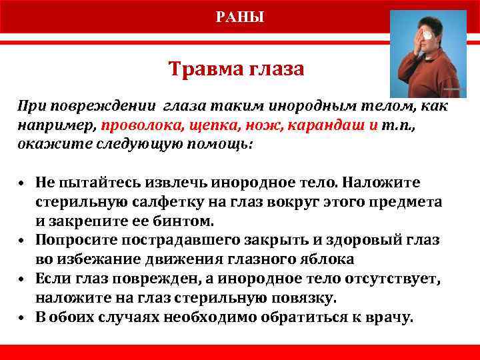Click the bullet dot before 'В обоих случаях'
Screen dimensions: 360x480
click(23, 317)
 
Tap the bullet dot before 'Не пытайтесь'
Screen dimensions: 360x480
click(23, 183)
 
